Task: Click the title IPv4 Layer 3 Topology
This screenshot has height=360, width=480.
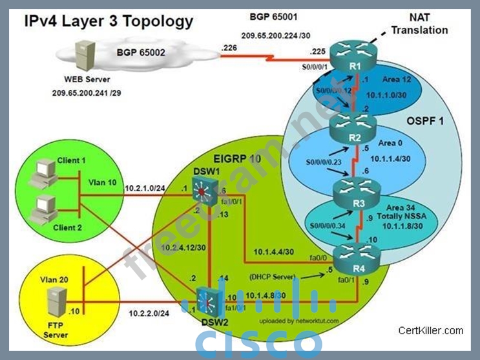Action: click(x=109, y=21)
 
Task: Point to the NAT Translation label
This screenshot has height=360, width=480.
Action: click(x=419, y=25)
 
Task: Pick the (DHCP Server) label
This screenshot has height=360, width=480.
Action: click(x=271, y=277)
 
